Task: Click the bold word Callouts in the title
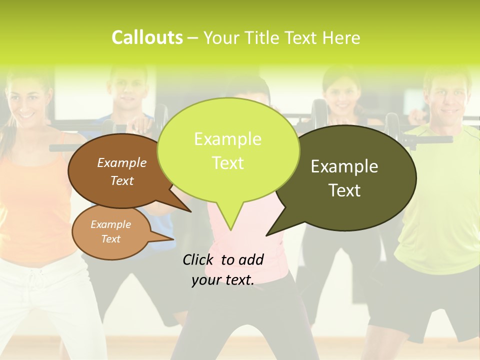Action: click(147, 37)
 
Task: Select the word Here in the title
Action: click(342, 37)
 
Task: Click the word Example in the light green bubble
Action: click(227, 139)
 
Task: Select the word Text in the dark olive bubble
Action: click(344, 190)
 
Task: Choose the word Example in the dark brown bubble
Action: click(121, 162)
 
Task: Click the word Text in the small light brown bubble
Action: click(110, 239)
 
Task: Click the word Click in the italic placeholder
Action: click(198, 259)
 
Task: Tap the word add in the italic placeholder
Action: click(250, 259)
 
